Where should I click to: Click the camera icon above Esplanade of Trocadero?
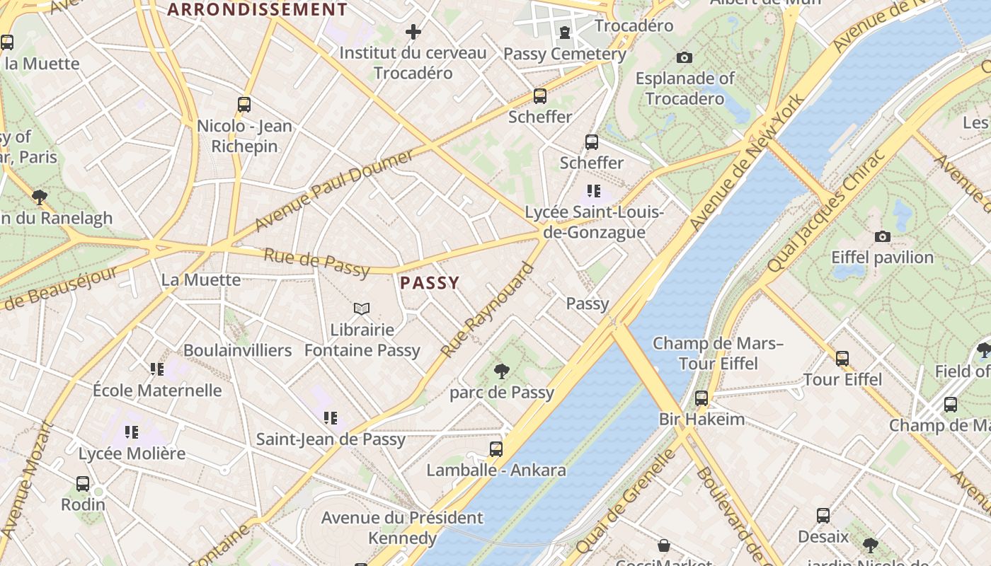[684, 57]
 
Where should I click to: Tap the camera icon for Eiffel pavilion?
[882, 236]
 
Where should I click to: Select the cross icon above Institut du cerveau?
[413, 32]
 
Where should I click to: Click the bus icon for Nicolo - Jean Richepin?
[244, 105]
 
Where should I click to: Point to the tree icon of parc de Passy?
[502, 371]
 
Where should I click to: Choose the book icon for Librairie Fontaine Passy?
[362, 308]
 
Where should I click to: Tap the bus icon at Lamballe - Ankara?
[496, 449]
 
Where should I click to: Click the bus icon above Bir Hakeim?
[701, 398]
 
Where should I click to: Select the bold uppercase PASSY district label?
[430, 283]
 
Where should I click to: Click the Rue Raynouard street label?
[487, 310]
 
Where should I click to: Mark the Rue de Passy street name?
[316, 262]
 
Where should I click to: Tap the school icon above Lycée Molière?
[132, 432]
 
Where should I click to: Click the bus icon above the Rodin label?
[83, 484]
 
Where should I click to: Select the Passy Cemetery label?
[564, 54]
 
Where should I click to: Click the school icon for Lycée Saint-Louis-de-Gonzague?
[594, 191]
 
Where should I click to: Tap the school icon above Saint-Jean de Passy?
[331, 417]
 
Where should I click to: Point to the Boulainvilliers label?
[237, 350]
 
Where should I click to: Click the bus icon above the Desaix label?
[823, 515]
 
